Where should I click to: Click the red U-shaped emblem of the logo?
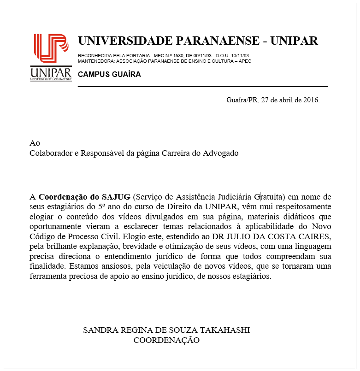(x=51, y=48)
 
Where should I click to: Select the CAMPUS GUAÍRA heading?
(x=109, y=74)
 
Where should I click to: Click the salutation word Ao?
(x=34, y=143)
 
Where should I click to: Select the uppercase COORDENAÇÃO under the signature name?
(x=166, y=340)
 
